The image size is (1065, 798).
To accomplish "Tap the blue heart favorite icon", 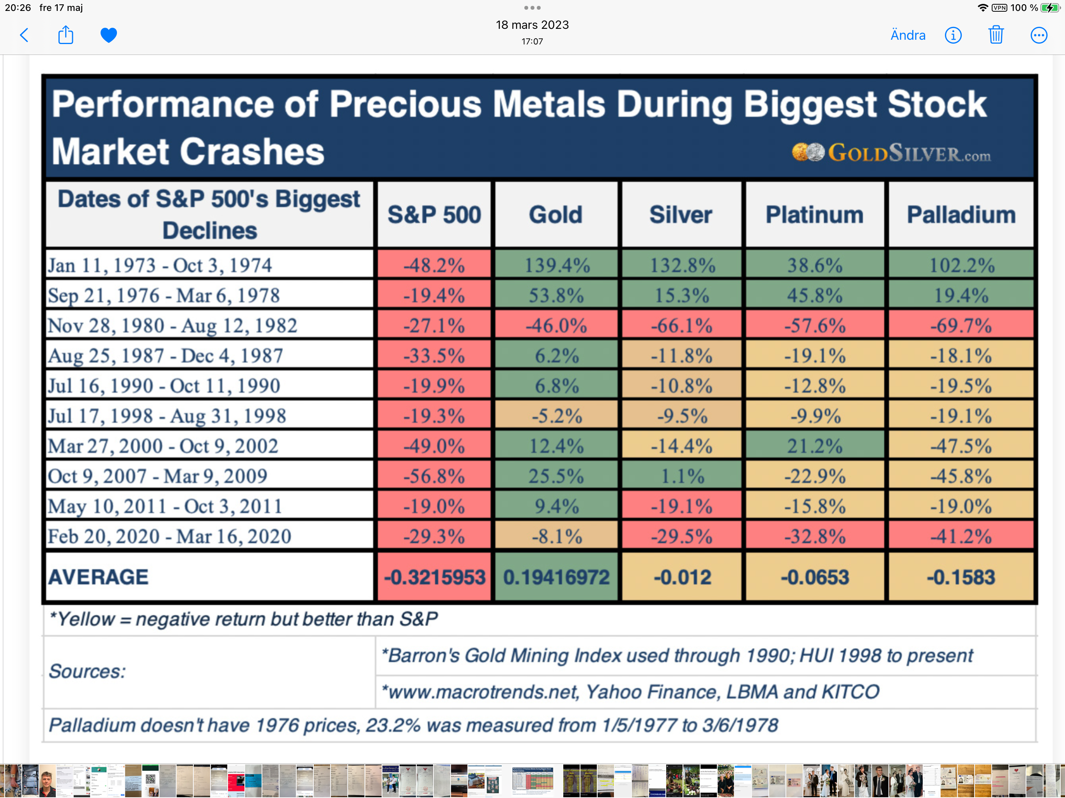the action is [x=108, y=35].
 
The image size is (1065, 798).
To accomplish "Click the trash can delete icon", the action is [x=996, y=35].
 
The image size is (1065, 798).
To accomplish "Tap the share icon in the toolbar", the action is [x=65, y=35].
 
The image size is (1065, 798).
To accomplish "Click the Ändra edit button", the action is [x=908, y=35].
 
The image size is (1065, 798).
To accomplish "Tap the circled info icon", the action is [x=953, y=35].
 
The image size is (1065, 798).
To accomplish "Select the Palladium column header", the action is [x=961, y=215].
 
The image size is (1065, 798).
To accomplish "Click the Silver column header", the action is [x=681, y=215].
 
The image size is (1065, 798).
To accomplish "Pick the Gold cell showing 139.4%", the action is [x=556, y=265].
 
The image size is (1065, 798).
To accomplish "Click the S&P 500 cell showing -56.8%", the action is [x=434, y=475].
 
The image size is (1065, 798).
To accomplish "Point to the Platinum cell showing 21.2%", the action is [x=815, y=446].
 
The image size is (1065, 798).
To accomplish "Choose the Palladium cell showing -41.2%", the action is [x=961, y=536].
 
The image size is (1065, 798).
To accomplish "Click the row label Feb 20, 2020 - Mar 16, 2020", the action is [x=170, y=536].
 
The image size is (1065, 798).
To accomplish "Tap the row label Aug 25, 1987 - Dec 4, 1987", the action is [x=165, y=356].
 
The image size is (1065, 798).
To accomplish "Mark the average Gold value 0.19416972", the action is [x=556, y=577].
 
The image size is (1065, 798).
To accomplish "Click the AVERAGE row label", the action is [x=98, y=577].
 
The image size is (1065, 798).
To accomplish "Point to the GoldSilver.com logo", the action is [x=891, y=153].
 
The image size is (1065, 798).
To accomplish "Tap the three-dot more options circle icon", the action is [x=1038, y=35].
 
